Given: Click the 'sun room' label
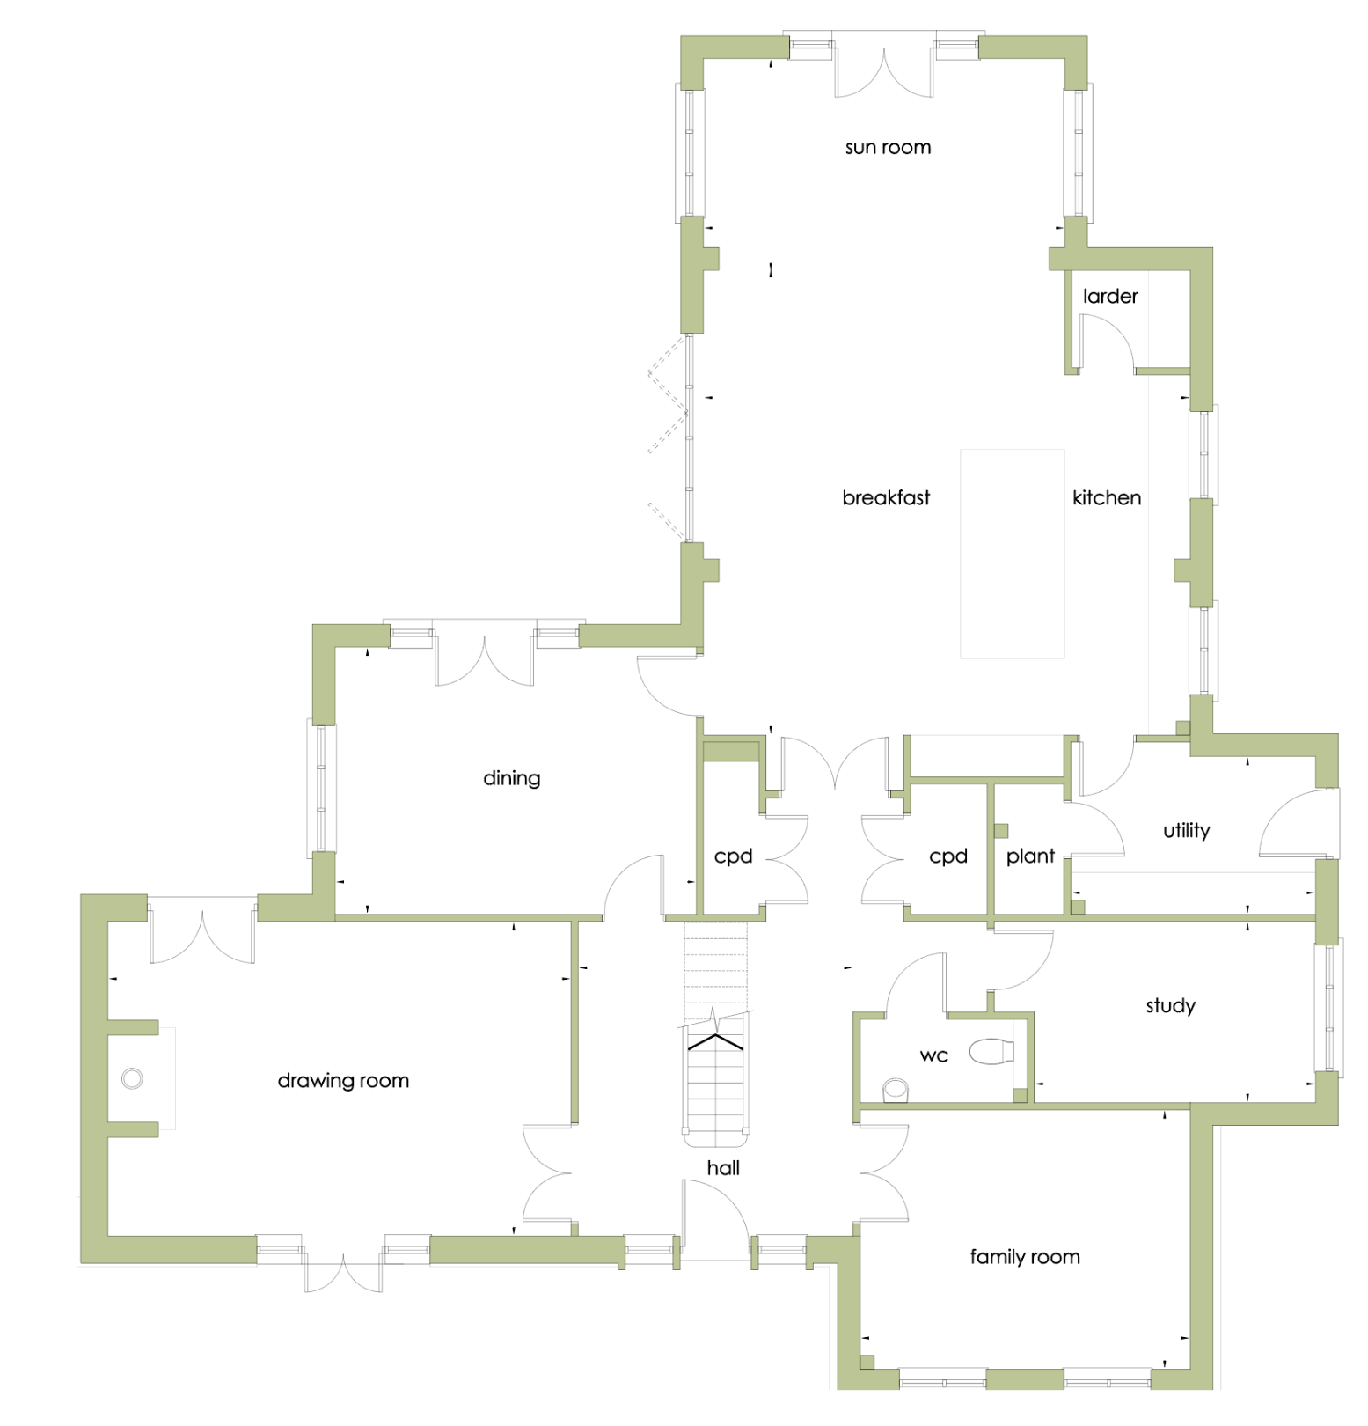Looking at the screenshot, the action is click(x=888, y=147).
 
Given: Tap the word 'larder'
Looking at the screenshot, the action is click(x=1110, y=296).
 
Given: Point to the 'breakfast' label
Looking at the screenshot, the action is click(x=886, y=497).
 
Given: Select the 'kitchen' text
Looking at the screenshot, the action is click(x=1107, y=497).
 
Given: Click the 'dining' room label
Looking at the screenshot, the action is click(x=512, y=778).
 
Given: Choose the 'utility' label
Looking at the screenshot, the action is click(x=1186, y=830).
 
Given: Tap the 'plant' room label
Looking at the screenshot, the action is click(x=1030, y=856).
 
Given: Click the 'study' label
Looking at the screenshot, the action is click(x=1170, y=1005).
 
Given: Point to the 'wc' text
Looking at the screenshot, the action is click(x=934, y=1055).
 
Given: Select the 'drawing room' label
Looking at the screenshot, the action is click(x=343, y=1080).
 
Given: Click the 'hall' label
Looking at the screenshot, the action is click(x=723, y=1167).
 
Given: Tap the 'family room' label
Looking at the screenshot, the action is click(x=1025, y=1256).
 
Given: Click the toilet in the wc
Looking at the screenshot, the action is click(x=991, y=1051).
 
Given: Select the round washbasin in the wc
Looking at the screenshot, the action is click(x=896, y=1090).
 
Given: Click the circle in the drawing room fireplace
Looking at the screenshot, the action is click(x=132, y=1078).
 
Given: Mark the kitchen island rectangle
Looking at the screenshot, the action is click(x=1013, y=554).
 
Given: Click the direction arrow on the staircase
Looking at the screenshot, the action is click(x=715, y=1042).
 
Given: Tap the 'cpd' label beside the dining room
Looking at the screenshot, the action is click(x=733, y=856).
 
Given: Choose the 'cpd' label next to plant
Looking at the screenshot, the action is click(x=948, y=856).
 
